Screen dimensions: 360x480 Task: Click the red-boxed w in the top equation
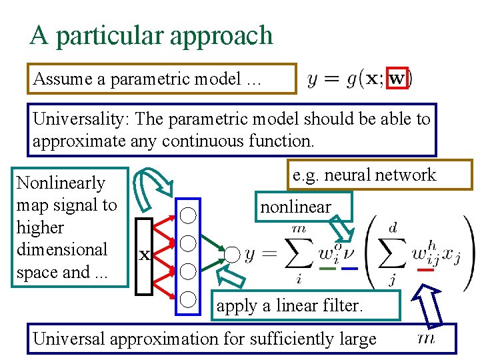[x=397, y=79]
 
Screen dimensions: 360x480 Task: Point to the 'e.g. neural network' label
[x=364, y=175]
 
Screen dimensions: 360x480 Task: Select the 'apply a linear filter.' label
[x=289, y=306]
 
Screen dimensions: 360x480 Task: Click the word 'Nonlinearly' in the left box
[x=61, y=183]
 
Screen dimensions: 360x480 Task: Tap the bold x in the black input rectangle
[x=143, y=254]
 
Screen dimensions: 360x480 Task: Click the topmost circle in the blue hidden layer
[x=189, y=214]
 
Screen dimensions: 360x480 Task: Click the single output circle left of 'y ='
[x=231, y=254]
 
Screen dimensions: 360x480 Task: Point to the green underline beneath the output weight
[x=327, y=269]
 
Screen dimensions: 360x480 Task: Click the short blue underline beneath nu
[x=349, y=269]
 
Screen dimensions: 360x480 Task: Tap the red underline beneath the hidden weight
[x=425, y=270]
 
